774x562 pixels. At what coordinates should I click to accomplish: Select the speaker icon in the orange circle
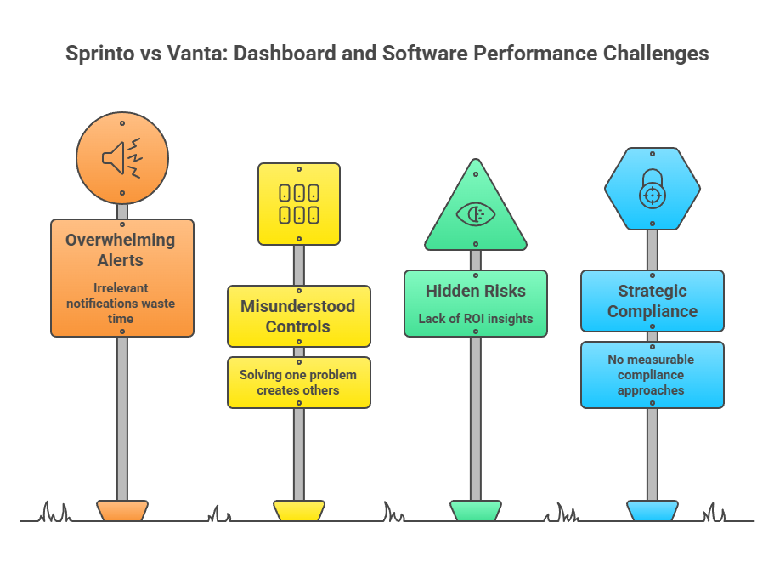(121, 158)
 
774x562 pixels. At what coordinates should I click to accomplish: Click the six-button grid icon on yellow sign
(299, 203)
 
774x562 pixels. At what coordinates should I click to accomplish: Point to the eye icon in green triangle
(475, 214)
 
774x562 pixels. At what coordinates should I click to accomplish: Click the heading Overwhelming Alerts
(121, 250)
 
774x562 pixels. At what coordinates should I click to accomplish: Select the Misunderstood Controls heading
(298, 315)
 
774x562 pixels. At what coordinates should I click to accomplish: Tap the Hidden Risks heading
(476, 291)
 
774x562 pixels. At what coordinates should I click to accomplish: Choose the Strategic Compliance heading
(653, 301)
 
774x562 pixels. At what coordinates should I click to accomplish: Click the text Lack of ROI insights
(476, 319)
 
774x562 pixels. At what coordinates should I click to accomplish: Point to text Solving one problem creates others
(298, 383)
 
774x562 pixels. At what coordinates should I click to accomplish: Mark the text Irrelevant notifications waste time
(121, 303)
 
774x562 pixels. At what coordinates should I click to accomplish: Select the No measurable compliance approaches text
(653, 375)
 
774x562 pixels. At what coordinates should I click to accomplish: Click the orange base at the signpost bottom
(122, 510)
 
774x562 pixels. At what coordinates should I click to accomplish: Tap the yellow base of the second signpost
(299, 510)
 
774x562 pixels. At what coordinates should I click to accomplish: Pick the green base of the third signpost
(476, 510)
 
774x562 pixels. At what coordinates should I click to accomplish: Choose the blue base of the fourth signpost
(653, 510)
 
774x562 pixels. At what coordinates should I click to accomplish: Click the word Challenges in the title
(655, 54)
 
